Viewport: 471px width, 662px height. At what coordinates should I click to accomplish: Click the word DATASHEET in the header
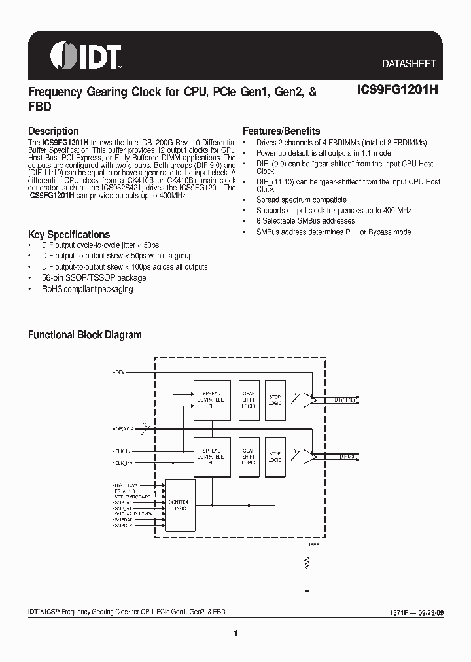point(409,64)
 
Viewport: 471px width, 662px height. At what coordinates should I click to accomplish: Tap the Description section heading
point(53,131)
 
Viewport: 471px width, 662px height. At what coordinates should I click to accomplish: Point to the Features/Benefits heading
point(281,131)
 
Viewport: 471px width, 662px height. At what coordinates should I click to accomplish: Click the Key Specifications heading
point(69,234)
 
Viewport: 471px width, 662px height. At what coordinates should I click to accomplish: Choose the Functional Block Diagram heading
point(84,335)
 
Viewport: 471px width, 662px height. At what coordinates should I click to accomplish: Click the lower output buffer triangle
point(309,455)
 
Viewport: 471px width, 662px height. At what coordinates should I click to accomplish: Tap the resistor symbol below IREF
point(306,565)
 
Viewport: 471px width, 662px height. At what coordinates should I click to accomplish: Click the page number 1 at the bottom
point(235,633)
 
